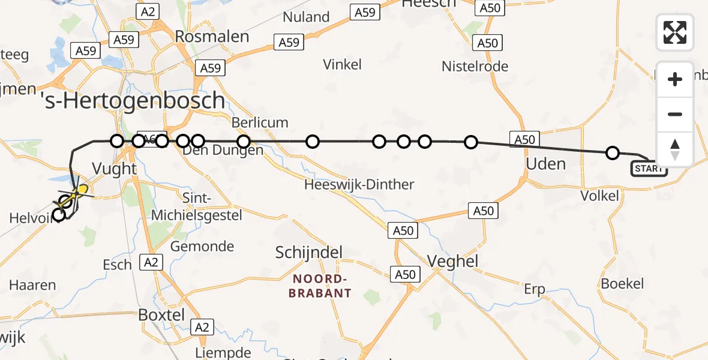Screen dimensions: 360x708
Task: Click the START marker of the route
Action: pyautogui.click(x=649, y=169)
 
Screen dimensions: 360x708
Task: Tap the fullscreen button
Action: pyautogui.click(x=675, y=32)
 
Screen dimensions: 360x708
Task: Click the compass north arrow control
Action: pyautogui.click(x=675, y=149)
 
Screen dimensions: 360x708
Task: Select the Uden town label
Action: pyautogui.click(x=545, y=164)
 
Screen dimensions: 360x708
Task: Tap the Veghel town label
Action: pyautogui.click(x=452, y=260)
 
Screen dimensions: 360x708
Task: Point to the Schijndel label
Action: pyautogui.click(x=308, y=252)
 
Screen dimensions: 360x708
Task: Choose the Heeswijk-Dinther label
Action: pyautogui.click(x=359, y=184)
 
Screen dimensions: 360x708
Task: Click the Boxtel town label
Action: pyautogui.click(x=161, y=314)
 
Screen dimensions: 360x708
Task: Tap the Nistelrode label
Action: pyautogui.click(x=475, y=67)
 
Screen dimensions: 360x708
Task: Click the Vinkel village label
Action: pyautogui.click(x=342, y=64)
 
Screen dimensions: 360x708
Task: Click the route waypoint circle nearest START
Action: pyautogui.click(x=613, y=153)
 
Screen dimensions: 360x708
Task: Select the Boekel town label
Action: pyautogui.click(x=622, y=284)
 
